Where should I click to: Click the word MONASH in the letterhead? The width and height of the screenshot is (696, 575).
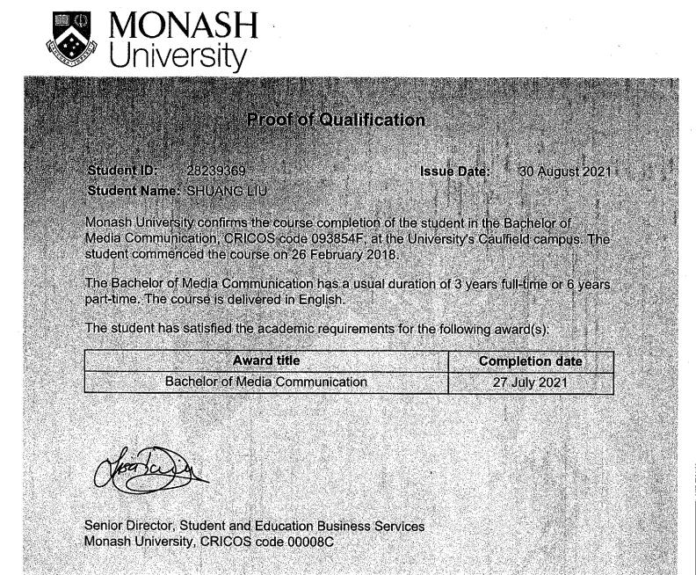pyautogui.click(x=184, y=27)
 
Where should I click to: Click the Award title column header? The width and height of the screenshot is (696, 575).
pyautogui.click(x=265, y=360)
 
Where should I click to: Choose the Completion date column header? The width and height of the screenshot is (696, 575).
pyautogui.click(x=530, y=361)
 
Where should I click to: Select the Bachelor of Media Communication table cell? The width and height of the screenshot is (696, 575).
pyautogui.click(x=265, y=382)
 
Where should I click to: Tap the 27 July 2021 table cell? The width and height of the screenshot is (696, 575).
pyautogui.click(x=530, y=383)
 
